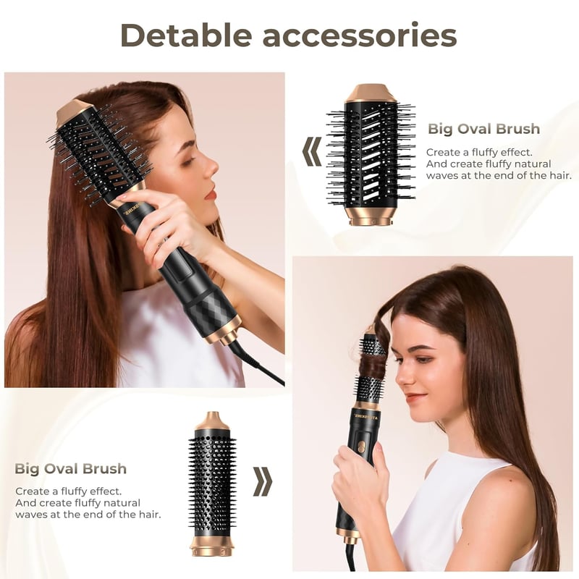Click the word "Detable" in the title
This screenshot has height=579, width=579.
[x=186, y=35]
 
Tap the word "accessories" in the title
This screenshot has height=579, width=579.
[x=360, y=36]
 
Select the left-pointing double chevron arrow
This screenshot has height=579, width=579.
[x=312, y=151]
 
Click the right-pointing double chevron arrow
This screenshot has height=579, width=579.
[x=263, y=481]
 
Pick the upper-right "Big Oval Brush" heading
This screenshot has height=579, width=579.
[x=483, y=129]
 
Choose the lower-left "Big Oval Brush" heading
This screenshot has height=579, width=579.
[x=70, y=468]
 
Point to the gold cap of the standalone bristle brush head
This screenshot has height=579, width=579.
[x=371, y=93]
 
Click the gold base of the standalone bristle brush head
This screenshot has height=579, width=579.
[x=371, y=215]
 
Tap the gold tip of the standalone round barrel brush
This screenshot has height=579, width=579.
[x=212, y=421]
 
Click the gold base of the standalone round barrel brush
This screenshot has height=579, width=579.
[x=212, y=546]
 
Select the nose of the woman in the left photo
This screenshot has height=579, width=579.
[x=211, y=168]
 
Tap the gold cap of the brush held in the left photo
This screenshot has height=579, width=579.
[x=74, y=111]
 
